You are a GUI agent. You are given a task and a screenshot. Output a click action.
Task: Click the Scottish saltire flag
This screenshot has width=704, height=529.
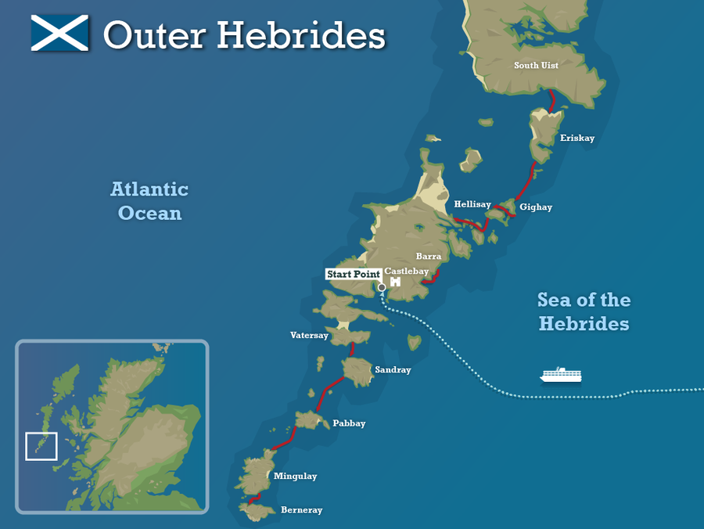(61, 34)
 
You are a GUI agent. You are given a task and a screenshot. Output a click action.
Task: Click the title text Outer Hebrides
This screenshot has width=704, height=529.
(244, 35)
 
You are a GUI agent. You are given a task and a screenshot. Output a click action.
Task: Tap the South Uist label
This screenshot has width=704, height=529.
(536, 66)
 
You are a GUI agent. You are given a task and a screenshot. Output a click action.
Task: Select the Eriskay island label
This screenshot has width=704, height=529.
(577, 139)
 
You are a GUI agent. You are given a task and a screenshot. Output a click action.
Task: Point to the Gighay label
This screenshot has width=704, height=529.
(536, 207)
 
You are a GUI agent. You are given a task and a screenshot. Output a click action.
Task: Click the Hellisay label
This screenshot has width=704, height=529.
(472, 204)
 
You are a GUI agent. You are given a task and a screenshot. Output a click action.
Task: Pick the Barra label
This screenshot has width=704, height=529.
(429, 256)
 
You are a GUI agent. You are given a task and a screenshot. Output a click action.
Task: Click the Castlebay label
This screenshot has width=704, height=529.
(407, 271)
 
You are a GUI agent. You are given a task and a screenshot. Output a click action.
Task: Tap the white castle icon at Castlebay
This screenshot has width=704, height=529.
(395, 281)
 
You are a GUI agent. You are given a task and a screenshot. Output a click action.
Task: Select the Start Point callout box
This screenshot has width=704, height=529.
(354, 274)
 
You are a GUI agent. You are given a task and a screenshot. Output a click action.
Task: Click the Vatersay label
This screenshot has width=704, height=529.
(309, 335)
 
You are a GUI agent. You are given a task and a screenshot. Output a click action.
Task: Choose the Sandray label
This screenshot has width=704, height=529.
(393, 370)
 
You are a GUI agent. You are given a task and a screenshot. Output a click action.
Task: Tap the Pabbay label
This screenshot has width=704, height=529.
(349, 423)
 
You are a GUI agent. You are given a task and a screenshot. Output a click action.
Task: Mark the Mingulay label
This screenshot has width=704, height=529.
(295, 476)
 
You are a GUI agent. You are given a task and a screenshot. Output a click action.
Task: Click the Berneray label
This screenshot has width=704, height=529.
(301, 510)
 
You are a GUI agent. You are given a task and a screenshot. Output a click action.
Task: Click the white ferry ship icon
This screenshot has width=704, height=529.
(561, 376)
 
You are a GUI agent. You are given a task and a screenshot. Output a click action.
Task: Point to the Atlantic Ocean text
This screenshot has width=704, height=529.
(149, 201)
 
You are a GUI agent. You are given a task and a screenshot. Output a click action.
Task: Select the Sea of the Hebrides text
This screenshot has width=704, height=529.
(584, 311)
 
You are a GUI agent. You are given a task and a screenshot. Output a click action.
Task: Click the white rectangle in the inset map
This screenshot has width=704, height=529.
(41, 446)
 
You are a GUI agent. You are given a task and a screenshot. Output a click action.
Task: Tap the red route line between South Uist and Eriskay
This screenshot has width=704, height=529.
(551, 100)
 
